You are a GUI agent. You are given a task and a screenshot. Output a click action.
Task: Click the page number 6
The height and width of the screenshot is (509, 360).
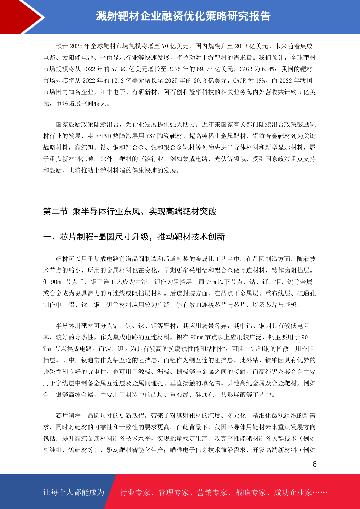314,464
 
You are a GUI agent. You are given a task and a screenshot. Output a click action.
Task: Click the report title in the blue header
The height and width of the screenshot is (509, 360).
183,16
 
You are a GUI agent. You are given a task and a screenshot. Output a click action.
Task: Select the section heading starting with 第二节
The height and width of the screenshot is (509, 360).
130,212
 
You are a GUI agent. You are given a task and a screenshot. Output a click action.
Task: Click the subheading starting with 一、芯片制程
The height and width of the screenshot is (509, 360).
134,237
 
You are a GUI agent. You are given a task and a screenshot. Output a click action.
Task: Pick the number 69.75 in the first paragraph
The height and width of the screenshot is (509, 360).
205,69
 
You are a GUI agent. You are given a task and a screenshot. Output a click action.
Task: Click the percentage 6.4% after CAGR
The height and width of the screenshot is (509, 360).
268,69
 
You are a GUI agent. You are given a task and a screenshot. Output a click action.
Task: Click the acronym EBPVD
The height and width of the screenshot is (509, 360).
103,136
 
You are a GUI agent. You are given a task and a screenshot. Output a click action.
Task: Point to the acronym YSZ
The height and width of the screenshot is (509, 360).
151,136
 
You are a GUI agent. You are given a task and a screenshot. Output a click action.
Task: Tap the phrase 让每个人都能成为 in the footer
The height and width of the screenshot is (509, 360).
74,492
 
